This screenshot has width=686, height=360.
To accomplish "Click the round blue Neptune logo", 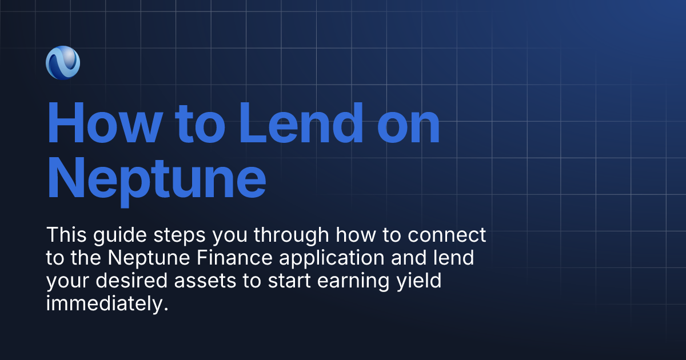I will pos(63,62).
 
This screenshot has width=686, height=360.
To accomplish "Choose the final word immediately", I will pos(107,304).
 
